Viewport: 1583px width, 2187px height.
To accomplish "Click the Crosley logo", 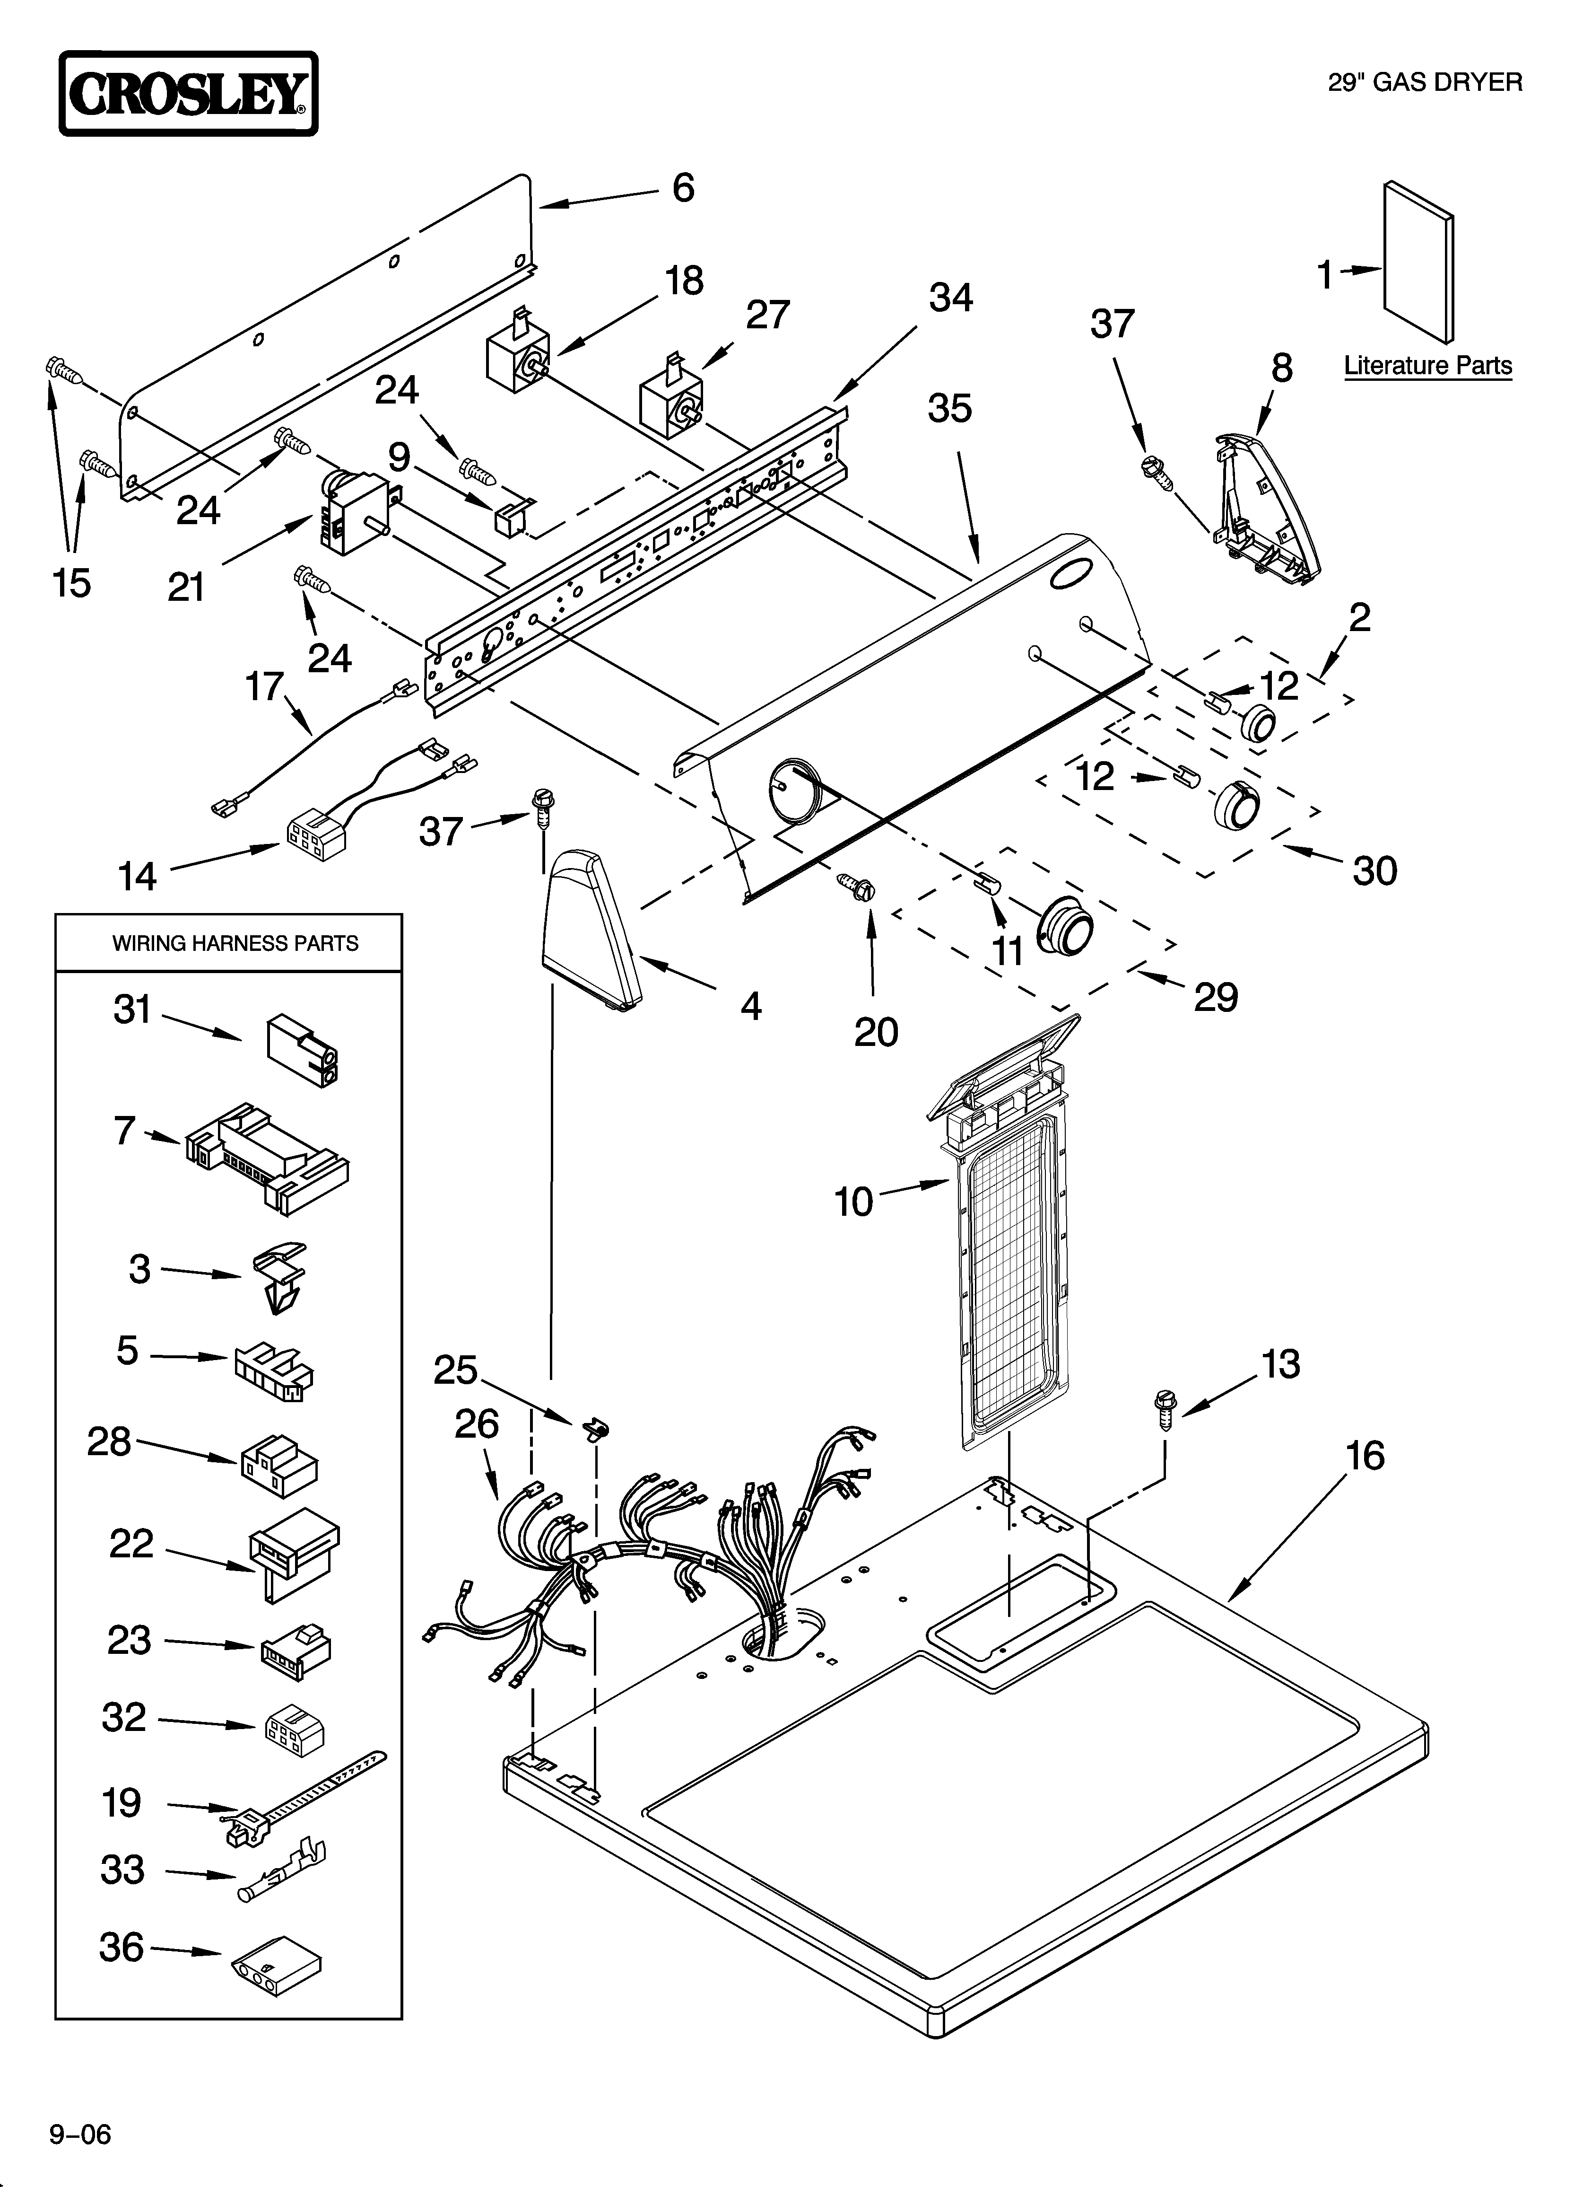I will click(x=188, y=94).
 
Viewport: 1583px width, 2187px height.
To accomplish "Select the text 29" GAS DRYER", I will click(x=1425, y=83).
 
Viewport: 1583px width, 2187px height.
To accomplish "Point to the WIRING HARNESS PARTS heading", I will click(x=235, y=943).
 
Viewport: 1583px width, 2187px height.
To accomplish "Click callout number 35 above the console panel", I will click(x=949, y=409).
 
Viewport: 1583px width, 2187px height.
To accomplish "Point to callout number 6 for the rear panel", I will click(x=683, y=188).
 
